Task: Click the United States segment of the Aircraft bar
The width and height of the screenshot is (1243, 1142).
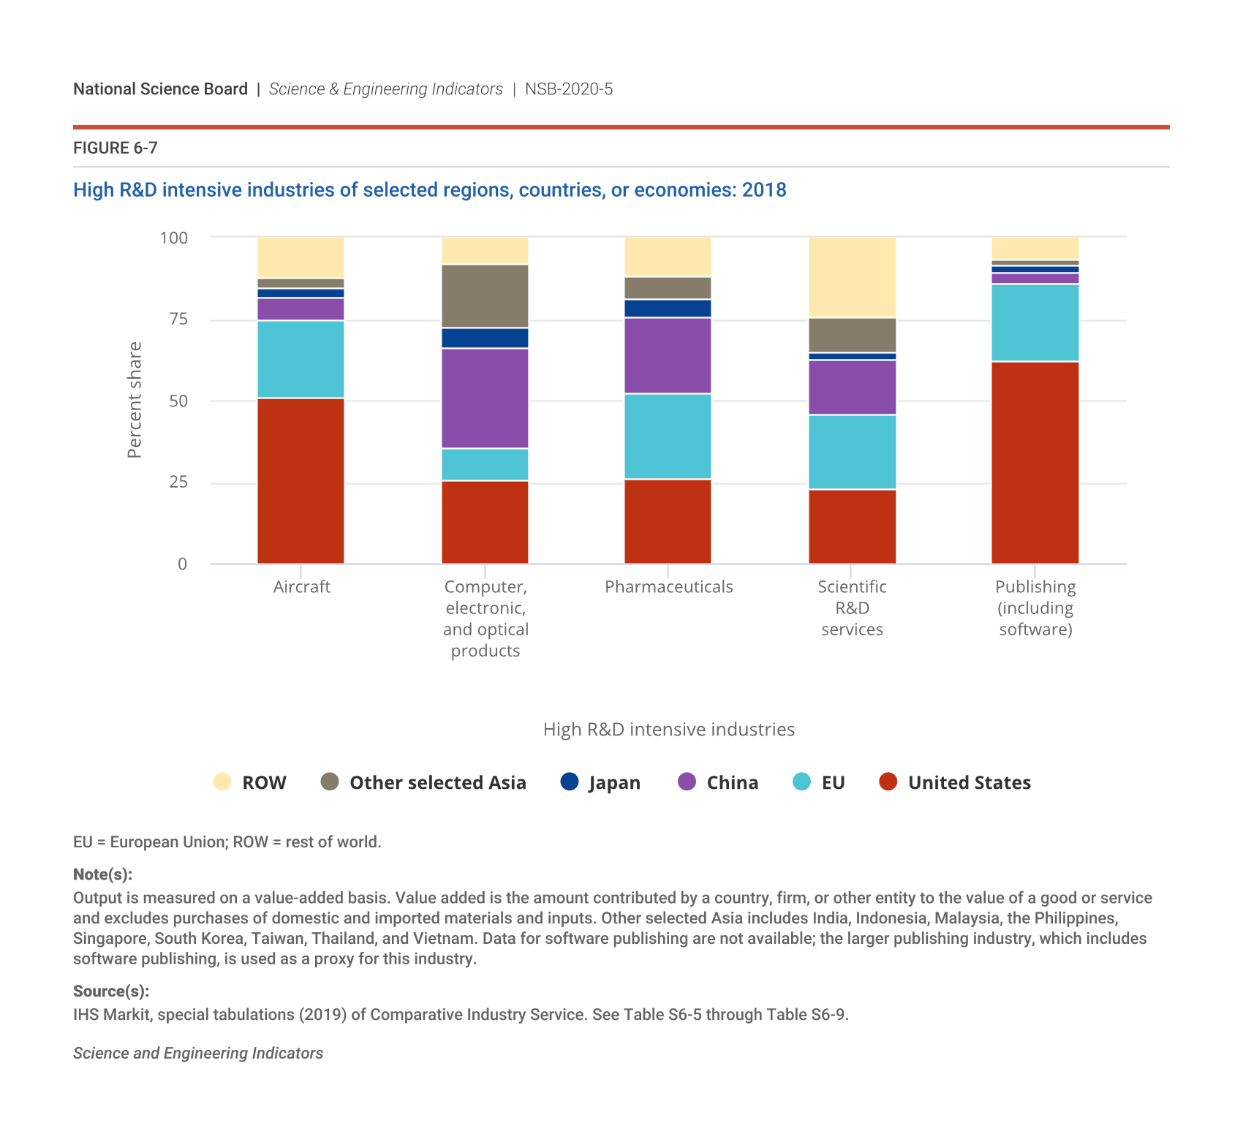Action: click(x=301, y=480)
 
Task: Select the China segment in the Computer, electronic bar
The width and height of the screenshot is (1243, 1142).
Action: click(x=485, y=398)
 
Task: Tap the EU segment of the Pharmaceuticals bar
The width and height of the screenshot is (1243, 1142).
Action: click(x=668, y=436)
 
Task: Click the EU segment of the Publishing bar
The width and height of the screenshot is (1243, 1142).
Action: click(x=1035, y=322)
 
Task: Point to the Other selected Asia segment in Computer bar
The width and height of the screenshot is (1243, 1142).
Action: click(x=485, y=295)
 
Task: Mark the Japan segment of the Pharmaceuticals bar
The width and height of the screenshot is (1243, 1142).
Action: click(x=668, y=308)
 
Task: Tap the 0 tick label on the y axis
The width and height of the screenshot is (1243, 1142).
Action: click(x=182, y=564)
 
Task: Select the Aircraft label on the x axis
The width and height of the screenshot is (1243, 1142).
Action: click(x=301, y=587)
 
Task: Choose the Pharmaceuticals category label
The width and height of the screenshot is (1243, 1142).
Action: click(x=668, y=587)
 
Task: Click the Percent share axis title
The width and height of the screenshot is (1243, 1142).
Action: click(x=135, y=400)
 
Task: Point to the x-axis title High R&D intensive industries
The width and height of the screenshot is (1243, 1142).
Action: click(x=668, y=730)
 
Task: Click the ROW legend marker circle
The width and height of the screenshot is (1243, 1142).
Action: click(x=222, y=782)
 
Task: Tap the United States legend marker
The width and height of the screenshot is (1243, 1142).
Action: click(x=888, y=782)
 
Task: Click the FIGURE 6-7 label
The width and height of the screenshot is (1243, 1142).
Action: click(x=116, y=148)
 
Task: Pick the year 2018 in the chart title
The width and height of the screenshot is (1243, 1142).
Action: click(x=764, y=190)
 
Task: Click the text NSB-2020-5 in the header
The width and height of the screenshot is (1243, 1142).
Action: click(x=569, y=89)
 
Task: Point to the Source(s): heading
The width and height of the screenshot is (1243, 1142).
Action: click(x=111, y=991)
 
